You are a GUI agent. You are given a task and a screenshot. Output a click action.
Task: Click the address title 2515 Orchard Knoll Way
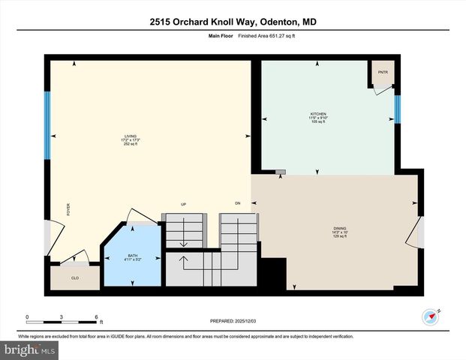tap(233, 22)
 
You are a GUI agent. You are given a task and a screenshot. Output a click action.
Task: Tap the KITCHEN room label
tap(318, 113)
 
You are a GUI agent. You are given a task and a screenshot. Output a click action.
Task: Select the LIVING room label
tap(131, 136)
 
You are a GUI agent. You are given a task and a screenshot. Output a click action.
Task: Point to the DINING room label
tap(341, 228)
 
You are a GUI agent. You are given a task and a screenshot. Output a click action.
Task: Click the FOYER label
tap(68, 210)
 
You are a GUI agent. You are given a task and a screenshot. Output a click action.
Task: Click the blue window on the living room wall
tap(47, 124)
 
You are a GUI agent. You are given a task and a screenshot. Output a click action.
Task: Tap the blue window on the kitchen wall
tap(398, 109)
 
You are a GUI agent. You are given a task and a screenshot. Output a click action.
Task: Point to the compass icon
tap(430, 316)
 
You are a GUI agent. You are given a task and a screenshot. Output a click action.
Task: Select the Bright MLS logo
tap(30, 349)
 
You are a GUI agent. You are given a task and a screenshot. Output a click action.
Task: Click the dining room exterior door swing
tap(413, 234)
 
